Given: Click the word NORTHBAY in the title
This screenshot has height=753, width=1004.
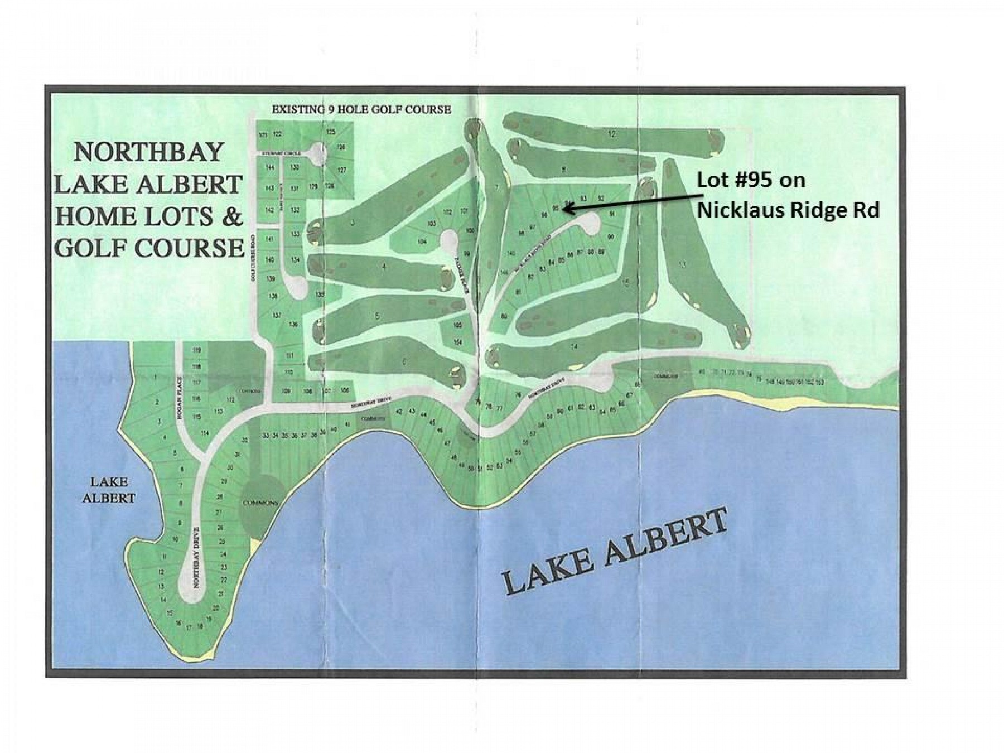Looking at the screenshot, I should tap(149, 152).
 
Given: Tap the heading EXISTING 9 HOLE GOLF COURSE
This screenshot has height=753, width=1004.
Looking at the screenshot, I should tap(361, 109).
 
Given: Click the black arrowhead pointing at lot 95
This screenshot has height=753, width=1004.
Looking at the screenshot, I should tap(565, 209).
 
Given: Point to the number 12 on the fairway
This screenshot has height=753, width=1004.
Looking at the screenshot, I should tap(612, 134).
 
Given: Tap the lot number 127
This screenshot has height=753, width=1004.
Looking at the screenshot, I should tap(342, 170).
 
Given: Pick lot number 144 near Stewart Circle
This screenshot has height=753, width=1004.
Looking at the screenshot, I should tap(270, 167).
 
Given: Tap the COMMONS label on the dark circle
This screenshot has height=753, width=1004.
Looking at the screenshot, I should tap(260, 503).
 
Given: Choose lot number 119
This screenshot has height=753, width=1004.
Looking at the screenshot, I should tap(196, 350).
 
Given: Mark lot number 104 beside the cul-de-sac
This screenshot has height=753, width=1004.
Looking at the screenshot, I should tap(422, 242).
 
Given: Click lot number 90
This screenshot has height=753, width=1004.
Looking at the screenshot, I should tap(611, 237).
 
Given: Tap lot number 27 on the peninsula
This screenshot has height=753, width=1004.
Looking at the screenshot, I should tap(219, 513).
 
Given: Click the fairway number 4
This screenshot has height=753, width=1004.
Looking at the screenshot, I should tap(383, 267).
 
